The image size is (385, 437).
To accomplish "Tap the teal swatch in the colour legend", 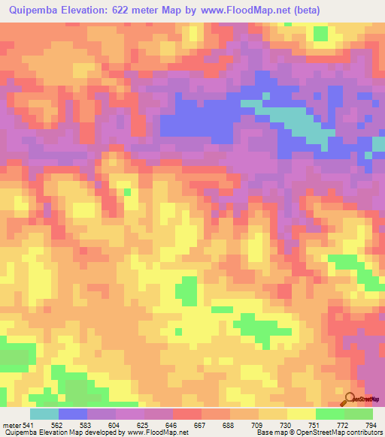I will [44, 414].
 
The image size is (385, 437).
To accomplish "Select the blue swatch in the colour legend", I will [73, 414].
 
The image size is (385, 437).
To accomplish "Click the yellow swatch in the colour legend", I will [301, 414].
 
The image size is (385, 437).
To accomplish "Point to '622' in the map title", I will [144, 11].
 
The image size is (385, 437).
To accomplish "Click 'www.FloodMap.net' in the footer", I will [160, 432].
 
